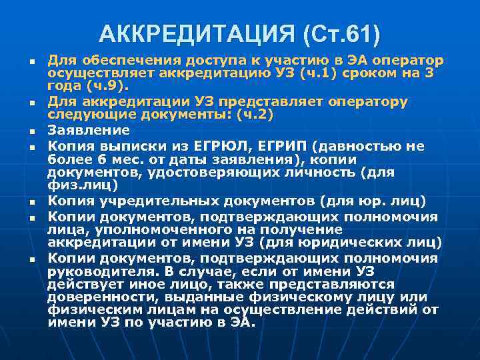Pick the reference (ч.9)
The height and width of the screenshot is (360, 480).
click(x=110, y=86)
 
